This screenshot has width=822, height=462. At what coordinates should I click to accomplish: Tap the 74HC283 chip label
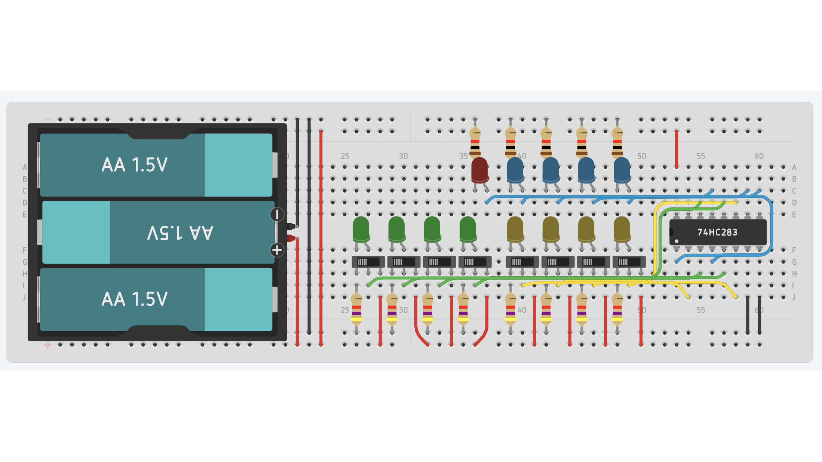click(717, 232)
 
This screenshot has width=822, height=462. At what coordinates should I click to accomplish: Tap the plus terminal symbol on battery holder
click(277, 250)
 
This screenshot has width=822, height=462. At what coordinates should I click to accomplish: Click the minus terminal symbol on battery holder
click(277, 215)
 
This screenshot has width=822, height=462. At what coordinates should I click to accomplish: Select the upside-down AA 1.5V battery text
click(180, 232)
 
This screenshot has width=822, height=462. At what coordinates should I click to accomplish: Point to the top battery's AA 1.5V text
click(135, 165)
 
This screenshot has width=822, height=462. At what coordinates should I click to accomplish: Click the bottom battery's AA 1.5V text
click(135, 299)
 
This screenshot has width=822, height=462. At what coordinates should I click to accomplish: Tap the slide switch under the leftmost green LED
click(368, 262)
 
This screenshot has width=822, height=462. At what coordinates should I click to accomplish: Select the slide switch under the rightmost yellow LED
click(629, 262)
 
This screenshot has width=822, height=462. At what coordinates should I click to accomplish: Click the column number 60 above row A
click(759, 156)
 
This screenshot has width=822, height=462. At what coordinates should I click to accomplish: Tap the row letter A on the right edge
click(794, 167)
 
